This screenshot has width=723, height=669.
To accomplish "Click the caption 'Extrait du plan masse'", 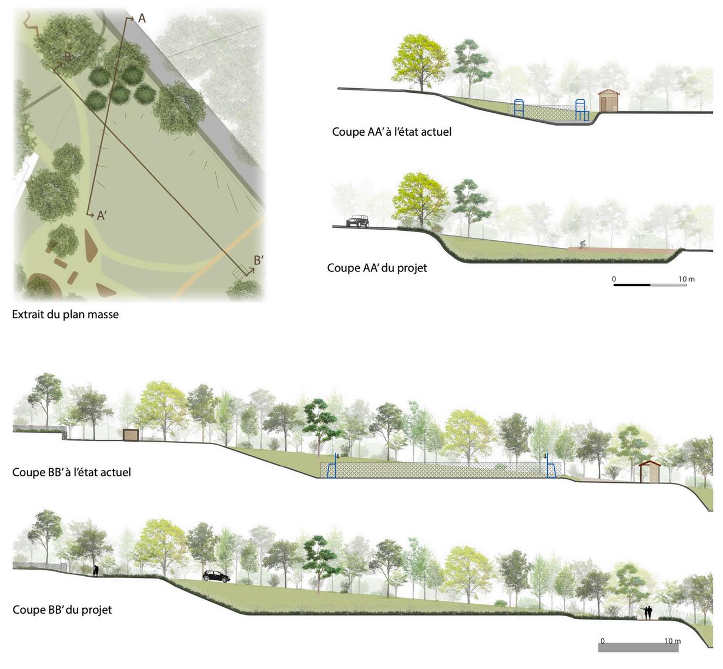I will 65,315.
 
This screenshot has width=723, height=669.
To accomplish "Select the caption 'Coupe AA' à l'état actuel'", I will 391,132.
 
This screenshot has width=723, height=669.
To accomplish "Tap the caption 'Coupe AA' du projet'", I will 377,268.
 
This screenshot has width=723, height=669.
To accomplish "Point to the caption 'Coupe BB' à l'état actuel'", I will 72,472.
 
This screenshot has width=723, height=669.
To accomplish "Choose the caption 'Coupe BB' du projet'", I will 62,610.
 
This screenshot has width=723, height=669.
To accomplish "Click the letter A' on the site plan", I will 101,216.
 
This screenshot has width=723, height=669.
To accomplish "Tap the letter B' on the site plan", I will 259,260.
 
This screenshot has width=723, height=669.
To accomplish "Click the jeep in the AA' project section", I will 357,221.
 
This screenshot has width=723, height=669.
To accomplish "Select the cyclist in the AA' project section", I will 582,245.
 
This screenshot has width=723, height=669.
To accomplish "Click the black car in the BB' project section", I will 216,576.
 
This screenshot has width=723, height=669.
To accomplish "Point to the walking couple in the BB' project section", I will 648,613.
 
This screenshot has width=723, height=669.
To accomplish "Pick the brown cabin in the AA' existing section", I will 609,100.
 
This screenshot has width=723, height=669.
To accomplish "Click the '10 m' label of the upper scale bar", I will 687,279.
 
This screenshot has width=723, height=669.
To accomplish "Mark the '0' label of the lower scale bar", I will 602,641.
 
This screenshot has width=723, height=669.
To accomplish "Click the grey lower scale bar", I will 638,647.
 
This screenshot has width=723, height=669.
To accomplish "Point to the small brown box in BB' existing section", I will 130,435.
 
